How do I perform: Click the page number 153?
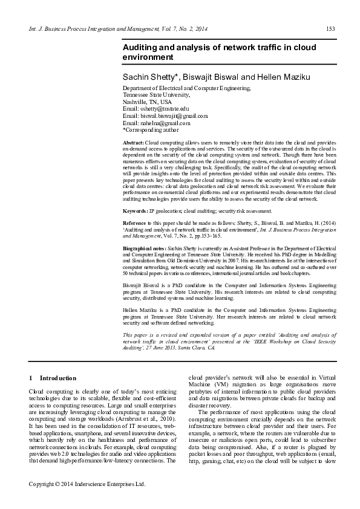pos(330,29)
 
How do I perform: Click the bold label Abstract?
pos(133,141)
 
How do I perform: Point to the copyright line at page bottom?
pos(88,484)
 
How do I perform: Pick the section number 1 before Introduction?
pos(31,378)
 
